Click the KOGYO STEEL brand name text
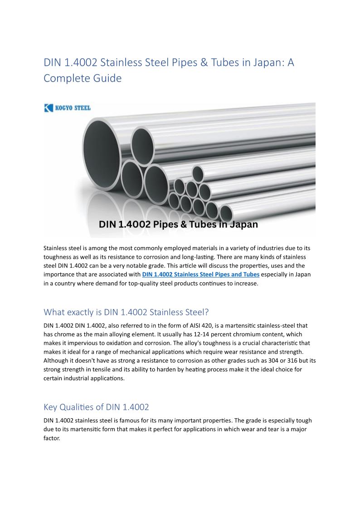(x=73, y=108)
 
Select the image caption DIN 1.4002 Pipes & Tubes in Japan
(x=178, y=224)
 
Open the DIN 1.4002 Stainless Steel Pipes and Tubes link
(x=200, y=274)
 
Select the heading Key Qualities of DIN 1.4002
(x=96, y=407)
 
